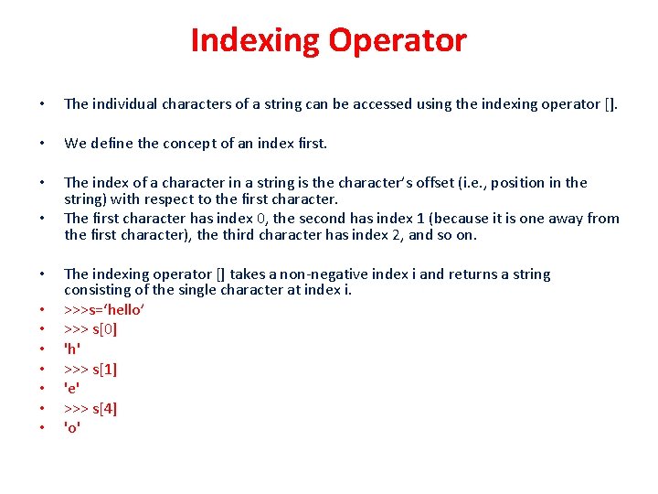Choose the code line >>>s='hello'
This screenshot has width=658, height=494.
(x=103, y=310)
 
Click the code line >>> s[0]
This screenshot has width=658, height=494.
(x=90, y=329)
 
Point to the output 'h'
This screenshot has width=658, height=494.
(x=72, y=349)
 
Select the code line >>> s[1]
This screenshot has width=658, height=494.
(x=90, y=369)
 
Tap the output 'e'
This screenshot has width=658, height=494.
(x=72, y=388)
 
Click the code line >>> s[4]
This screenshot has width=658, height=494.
(x=90, y=408)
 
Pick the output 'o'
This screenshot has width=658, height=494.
(x=72, y=427)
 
